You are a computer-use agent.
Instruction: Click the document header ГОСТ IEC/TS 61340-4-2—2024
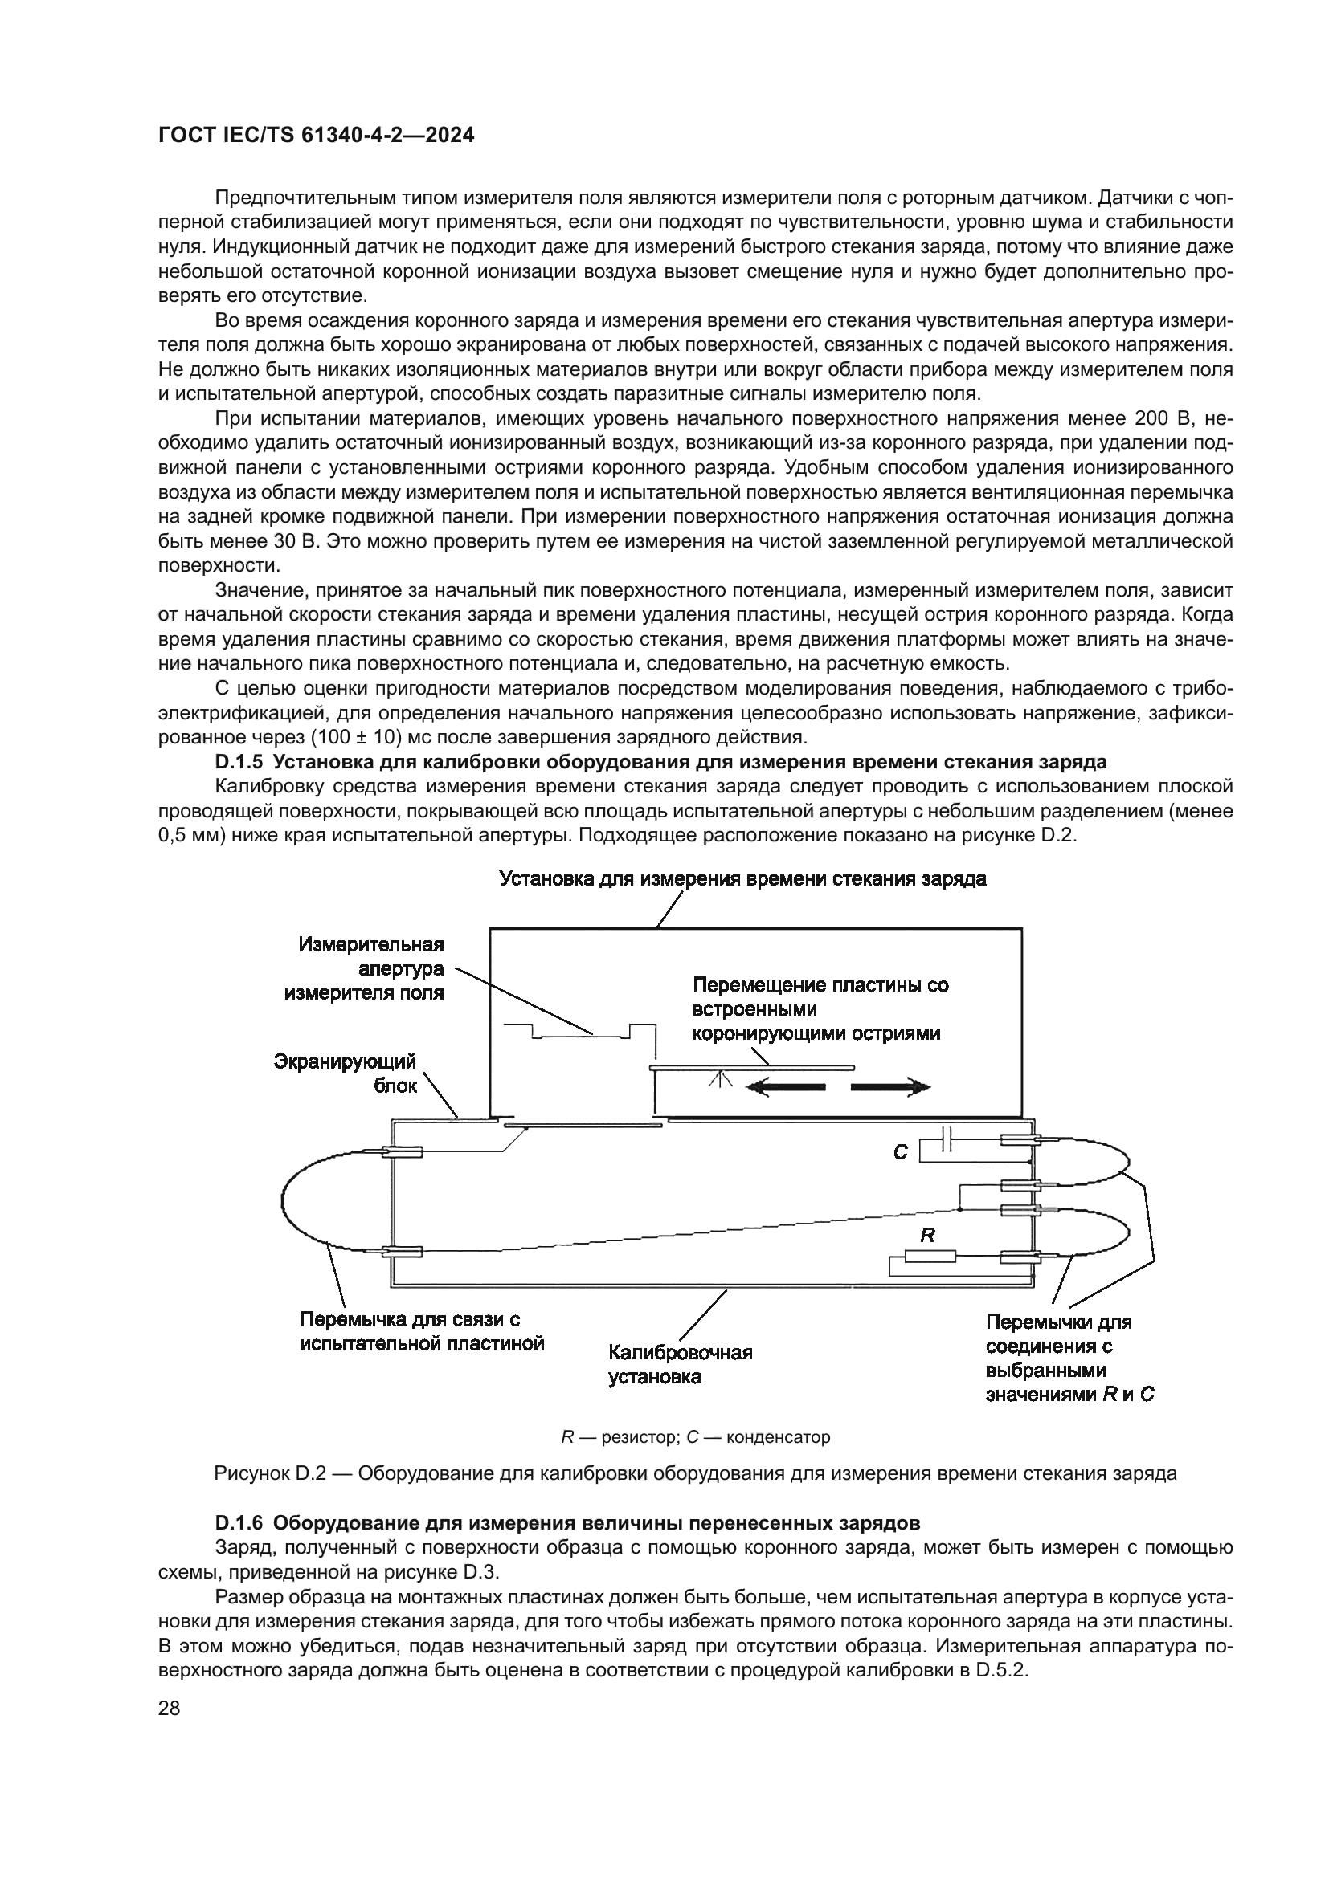pos(316,136)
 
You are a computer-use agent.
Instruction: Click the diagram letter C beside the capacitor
pos(900,1152)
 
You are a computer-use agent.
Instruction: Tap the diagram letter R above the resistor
pos(927,1234)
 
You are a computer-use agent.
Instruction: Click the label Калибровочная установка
pos(680,1364)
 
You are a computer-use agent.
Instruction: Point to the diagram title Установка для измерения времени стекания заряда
pos(742,879)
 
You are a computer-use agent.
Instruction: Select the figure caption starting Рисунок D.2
pos(695,1474)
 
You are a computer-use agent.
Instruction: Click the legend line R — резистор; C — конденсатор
pos(695,1436)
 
